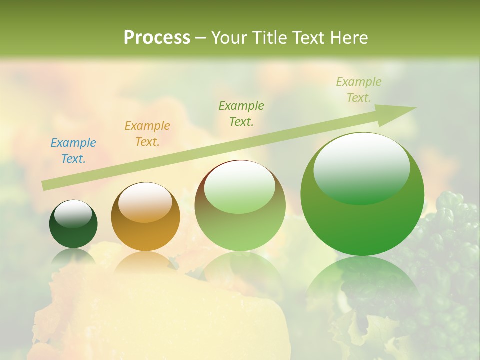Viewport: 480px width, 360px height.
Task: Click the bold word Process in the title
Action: tap(157, 38)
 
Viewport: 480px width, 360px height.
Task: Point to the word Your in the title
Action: tap(229, 38)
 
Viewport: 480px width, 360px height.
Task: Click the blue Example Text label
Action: tap(73, 151)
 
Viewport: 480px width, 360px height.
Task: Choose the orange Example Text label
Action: tap(147, 134)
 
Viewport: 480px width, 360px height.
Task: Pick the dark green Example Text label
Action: tap(241, 113)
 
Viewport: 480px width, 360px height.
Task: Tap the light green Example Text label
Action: tap(358, 90)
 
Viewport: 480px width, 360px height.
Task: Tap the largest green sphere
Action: tap(362, 220)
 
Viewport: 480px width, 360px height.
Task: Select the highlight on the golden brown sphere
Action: tap(145, 202)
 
